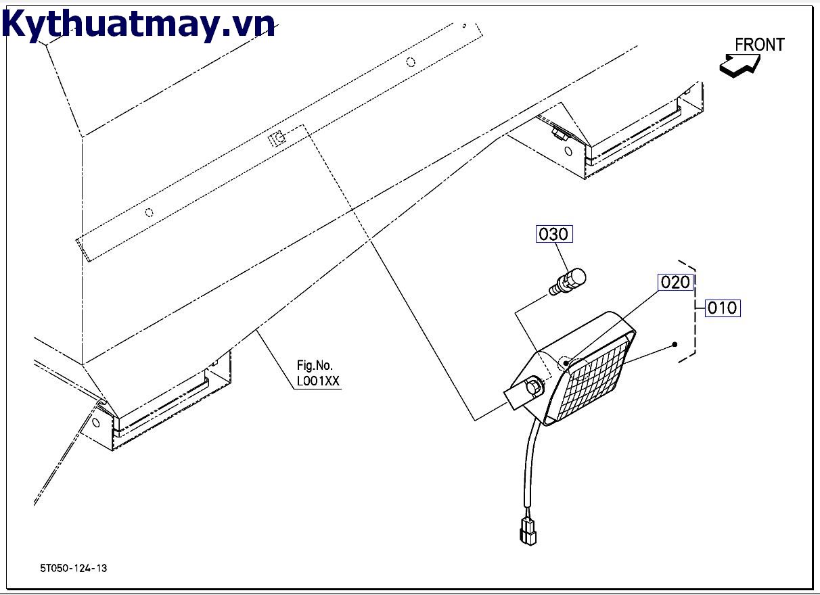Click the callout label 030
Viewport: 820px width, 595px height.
[x=554, y=235]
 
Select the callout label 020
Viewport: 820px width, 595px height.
[x=675, y=283]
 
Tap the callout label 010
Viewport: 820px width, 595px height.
[x=722, y=308]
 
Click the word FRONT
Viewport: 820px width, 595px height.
[x=759, y=45]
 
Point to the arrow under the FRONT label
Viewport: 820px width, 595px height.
[x=739, y=66]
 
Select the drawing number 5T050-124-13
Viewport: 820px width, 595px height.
[x=73, y=568]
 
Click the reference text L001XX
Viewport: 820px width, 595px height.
[x=318, y=381]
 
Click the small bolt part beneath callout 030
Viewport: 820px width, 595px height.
[x=568, y=281]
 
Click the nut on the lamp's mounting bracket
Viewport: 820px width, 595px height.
[x=535, y=387]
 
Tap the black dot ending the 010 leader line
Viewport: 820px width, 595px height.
[x=675, y=345]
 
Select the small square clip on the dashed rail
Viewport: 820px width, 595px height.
[x=275, y=139]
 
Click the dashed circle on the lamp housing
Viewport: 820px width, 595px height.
[x=564, y=362]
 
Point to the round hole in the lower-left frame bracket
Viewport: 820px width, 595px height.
[x=95, y=423]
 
